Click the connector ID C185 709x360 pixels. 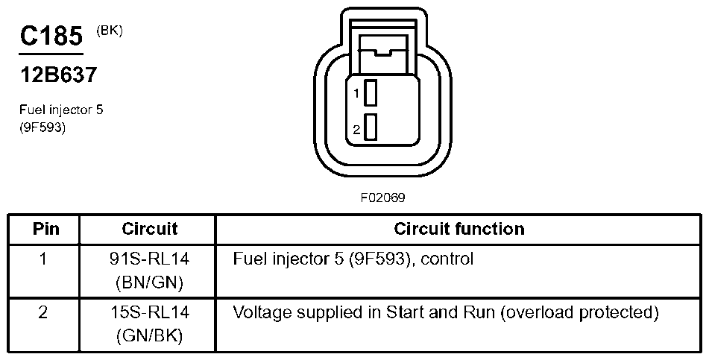click(x=51, y=36)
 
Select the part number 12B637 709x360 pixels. click(x=58, y=75)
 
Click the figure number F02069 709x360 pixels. click(x=383, y=199)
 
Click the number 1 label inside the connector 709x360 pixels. click(x=357, y=94)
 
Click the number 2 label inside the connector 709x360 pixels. click(x=357, y=129)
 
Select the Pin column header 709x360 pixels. click(x=46, y=229)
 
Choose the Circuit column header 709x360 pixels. click(x=149, y=229)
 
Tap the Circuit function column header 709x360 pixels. click(x=459, y=229)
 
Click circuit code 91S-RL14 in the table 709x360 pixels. click(x=149, y=260)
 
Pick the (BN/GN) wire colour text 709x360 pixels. click(x=149, y=283)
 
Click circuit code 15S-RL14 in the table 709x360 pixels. click(x=149, y=312)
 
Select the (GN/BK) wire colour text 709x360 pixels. click(x=149, y=335)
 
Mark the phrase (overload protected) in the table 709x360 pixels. click(x=580, y=312)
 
